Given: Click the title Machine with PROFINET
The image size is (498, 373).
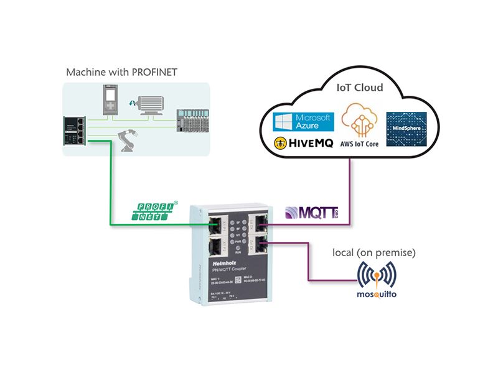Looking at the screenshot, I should pos(122,72).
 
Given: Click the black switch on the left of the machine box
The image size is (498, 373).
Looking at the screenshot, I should pos(75,132).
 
